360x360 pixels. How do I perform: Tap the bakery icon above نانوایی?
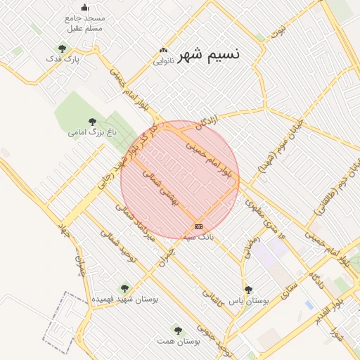pyautogui.click(x=164, y=51)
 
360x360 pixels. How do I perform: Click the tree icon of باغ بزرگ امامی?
pyautogui.click(x=93, y=122)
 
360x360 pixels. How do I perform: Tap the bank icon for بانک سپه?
pyautogui.click(x=198, y=226)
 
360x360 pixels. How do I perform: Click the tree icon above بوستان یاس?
pyautogui.click(x=247, y=289)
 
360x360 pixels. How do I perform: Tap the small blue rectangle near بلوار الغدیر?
pyautogui.click(x=309, y=304)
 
